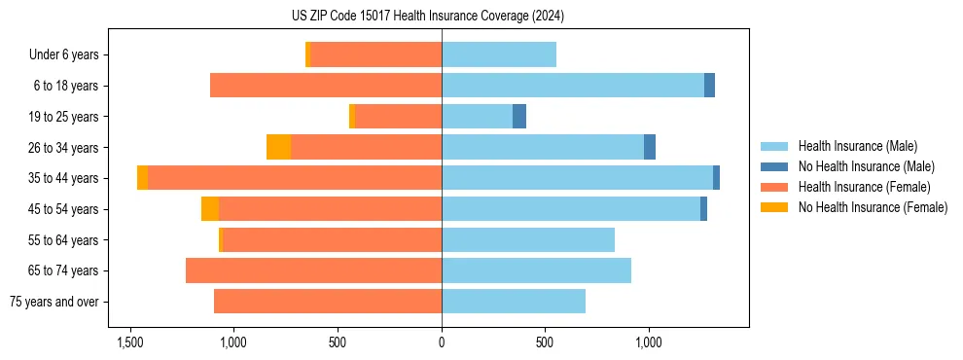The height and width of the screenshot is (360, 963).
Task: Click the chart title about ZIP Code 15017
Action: tap(442, 17)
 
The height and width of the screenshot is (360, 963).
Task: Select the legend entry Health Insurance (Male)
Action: tap(856, 146)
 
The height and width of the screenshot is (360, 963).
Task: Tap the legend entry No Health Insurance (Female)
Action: tap(873, 207)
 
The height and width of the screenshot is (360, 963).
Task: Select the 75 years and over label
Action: tap(53, 302)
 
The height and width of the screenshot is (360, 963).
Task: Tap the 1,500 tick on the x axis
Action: tap(130, 342)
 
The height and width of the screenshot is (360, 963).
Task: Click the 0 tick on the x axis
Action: tap(442, 342)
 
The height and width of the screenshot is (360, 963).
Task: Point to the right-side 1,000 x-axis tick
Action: tap(649, 342)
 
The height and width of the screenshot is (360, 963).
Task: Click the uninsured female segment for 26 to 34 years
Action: tap(278, 147)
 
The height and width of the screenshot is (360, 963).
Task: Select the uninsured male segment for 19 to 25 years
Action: tap(519, 117)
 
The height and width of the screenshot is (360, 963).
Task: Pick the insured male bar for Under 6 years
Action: tap(499, 55)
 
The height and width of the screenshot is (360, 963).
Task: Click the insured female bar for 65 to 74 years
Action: tap(313, 270)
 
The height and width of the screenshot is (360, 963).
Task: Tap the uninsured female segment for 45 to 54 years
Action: tap(210, 209)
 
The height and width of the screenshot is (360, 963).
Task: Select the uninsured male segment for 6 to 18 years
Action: tap(709, 86)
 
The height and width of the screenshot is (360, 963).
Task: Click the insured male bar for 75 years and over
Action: tap(514, 302)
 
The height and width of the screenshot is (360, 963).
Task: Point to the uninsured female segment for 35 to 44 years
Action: tap(142, 178)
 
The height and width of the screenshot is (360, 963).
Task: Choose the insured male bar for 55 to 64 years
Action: tap(528, 239)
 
